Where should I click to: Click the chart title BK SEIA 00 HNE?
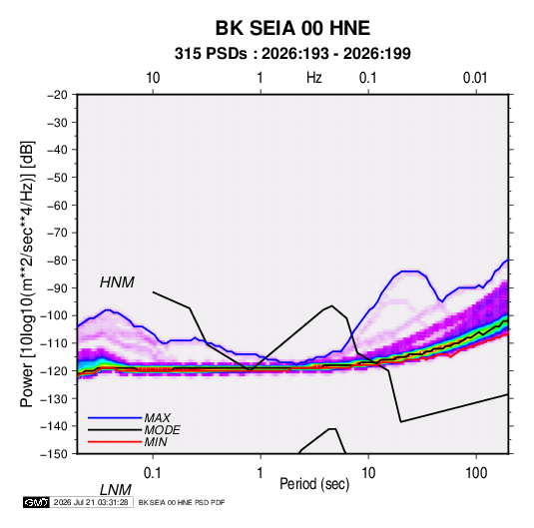(292, 28)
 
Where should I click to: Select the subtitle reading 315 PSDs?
(211, 54)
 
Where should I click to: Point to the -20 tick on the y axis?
(57, 95)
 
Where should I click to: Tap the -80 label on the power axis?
(57, 261)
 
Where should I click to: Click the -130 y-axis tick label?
(54, 398)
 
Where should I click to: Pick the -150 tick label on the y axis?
(54, 454)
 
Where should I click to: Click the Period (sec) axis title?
(314, 484)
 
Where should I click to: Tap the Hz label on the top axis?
(314, 78)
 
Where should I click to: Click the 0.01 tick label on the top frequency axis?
(475, 78)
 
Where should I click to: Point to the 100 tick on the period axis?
(476, 473)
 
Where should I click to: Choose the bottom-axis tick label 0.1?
(152, 473)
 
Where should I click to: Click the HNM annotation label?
(117, 282)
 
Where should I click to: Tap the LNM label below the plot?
(115, 490)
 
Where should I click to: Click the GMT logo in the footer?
(36, 502)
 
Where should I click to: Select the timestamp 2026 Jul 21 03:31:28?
(91, 502)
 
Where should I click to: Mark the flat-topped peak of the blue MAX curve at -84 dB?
(410, 271)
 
